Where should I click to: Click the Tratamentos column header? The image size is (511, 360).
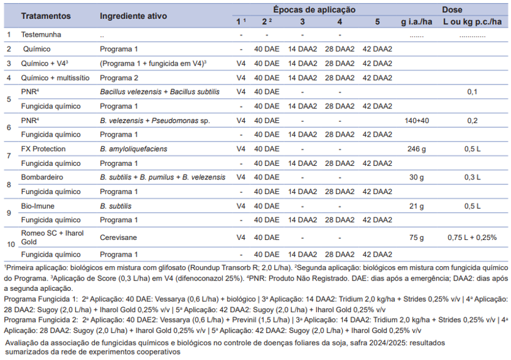[46, 16]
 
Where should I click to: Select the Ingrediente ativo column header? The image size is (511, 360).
[133, 16]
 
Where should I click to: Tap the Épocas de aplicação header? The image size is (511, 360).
[314, 10]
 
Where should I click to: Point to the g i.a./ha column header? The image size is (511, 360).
[417, 22]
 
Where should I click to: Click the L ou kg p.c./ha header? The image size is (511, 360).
[472, 22]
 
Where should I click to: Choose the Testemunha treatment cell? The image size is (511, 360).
[41, 34]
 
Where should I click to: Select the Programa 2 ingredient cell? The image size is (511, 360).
[119, 78]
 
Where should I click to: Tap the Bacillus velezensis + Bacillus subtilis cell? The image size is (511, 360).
[160, 92]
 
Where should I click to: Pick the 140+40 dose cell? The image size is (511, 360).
[417, 121]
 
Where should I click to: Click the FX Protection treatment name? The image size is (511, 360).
[43, 149]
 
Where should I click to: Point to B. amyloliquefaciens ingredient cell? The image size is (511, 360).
[133, 149]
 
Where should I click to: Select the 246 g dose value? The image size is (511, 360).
[417, 149]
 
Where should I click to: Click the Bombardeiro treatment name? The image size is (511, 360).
[42, 178]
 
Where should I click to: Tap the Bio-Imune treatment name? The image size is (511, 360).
[38, 206]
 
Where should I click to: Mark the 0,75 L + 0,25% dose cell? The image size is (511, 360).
[472, 238]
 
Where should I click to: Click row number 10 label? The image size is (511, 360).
[11, 244]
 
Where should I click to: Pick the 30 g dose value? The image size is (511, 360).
[417, 178]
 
